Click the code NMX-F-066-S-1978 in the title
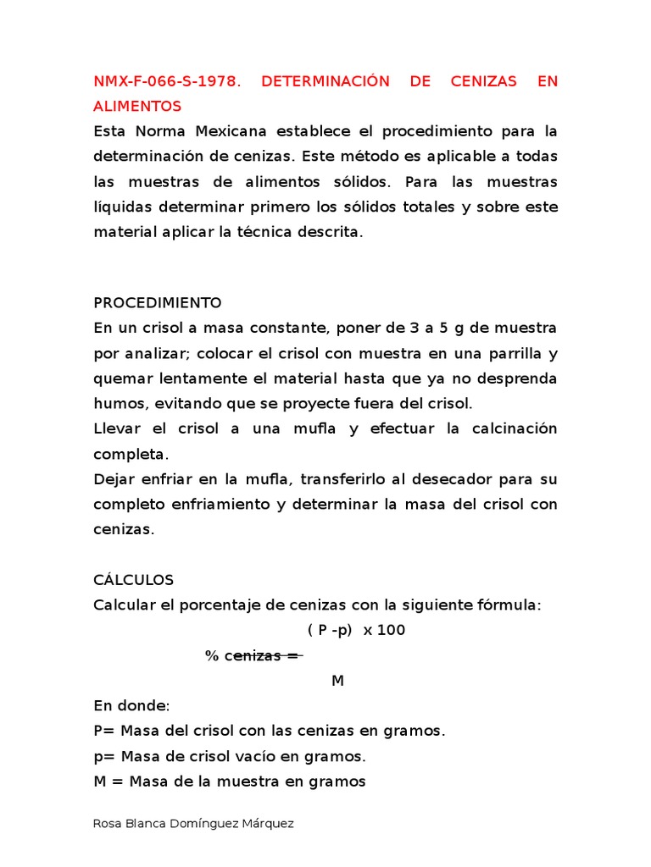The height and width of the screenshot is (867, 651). (167, 81)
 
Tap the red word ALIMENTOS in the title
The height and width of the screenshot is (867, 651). (137, 107)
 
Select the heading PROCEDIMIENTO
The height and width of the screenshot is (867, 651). (158, 302)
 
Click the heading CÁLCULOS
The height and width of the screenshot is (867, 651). (133, 580)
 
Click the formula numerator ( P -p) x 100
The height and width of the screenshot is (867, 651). (356, 631)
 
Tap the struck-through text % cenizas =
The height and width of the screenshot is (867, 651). (253, 656)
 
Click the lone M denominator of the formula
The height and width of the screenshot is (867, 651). (337, 682)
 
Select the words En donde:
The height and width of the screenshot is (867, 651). (131, 706)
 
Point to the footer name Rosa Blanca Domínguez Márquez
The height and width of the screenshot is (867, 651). (193, 824)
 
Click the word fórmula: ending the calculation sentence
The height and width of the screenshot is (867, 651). (507, 605)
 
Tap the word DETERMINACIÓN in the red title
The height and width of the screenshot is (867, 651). (325, 81)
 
